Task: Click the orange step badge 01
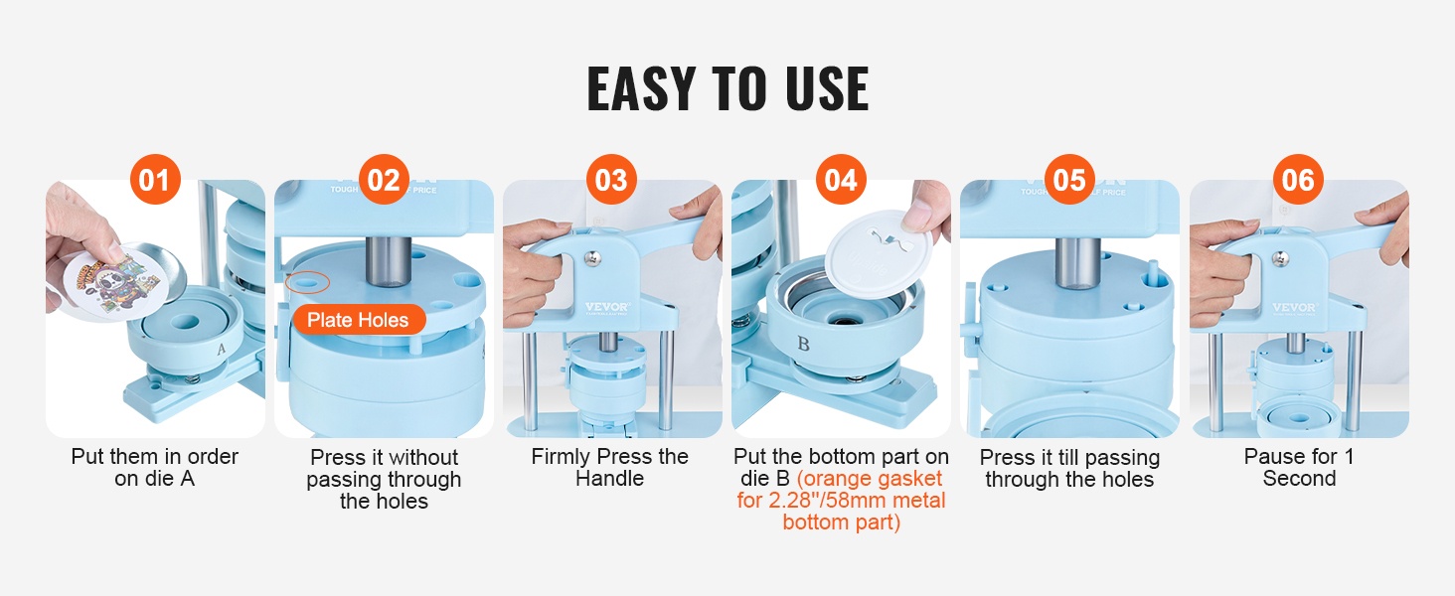click(x=155, y=179)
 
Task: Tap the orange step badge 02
click(x=384, y=179)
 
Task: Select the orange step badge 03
click(x=612, y=179)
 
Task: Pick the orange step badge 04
click(x=841, y=179)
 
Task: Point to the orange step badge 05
click(x=1069, y=179)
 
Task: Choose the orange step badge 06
click(x=1298, y=179)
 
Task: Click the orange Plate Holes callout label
click(x=359, y=320)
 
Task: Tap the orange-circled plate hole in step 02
click(x=308, y=282)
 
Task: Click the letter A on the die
click(x=221, y=350)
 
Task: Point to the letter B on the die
click(x=803, y=344)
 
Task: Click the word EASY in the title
click(x=639, y=88)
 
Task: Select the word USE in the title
click(x=827, y=88)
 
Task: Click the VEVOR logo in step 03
click(x=607, y=306)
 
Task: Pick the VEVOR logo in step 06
click(x=1294, y=307)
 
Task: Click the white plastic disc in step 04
click(x=879, y=252)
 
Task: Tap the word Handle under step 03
click(x=609, y=479)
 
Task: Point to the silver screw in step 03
click(x=592, y=259)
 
